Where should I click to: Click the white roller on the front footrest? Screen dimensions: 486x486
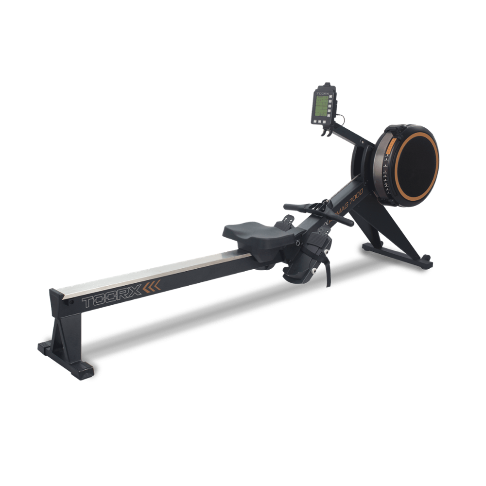[315, 270]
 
